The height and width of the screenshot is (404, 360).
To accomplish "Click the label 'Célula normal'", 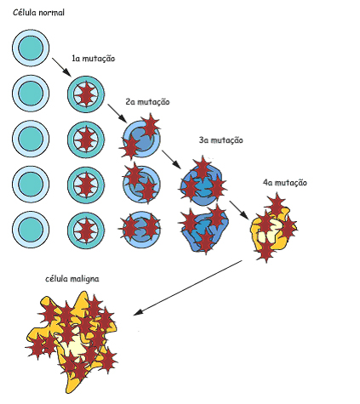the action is click(38, 13).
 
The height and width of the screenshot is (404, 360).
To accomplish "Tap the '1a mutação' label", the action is click(94, 59).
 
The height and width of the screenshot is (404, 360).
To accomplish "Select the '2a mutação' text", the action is click(147, 102).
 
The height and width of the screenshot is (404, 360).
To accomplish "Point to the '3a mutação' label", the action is click(221, 140).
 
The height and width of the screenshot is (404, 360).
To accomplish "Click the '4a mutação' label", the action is click(285, 183).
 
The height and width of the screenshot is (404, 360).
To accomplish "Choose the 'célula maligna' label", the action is click(72, 279).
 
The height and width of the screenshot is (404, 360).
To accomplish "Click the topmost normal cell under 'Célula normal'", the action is click(31, 48).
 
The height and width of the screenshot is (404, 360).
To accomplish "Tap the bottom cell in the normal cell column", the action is click(31, 230).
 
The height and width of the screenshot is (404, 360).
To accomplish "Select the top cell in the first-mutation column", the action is click(86, 94).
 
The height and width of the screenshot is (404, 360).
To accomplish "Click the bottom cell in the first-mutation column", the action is click(86, 230).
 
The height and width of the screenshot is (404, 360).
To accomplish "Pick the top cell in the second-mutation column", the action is click(140, 137).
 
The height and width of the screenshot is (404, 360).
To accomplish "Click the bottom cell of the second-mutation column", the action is click(140, 229).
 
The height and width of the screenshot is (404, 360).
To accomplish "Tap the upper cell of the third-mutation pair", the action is click(203, 181).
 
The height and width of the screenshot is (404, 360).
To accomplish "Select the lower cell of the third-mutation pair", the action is click(204, 229).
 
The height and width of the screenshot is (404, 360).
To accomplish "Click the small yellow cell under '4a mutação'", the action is click(273, 229).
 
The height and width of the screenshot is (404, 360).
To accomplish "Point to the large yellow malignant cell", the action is click(74, 340).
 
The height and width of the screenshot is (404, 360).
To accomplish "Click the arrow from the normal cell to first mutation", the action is click(61, 67).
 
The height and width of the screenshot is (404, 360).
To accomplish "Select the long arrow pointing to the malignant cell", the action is click(187, 287).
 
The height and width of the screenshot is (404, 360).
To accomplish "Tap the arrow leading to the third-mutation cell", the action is click(171, 160).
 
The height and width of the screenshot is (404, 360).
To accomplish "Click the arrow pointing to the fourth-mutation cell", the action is click(239, 210).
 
